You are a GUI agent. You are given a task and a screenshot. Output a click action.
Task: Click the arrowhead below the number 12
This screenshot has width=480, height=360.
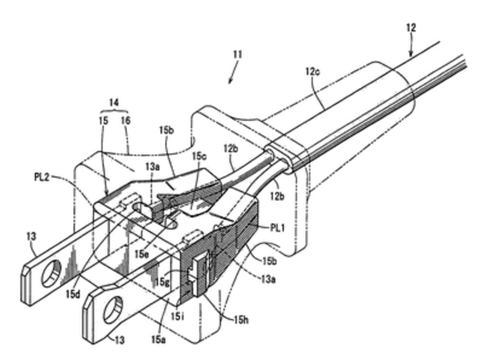tap(410, 53)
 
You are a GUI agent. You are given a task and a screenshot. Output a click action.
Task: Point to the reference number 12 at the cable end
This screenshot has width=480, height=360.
tap(410, 27)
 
